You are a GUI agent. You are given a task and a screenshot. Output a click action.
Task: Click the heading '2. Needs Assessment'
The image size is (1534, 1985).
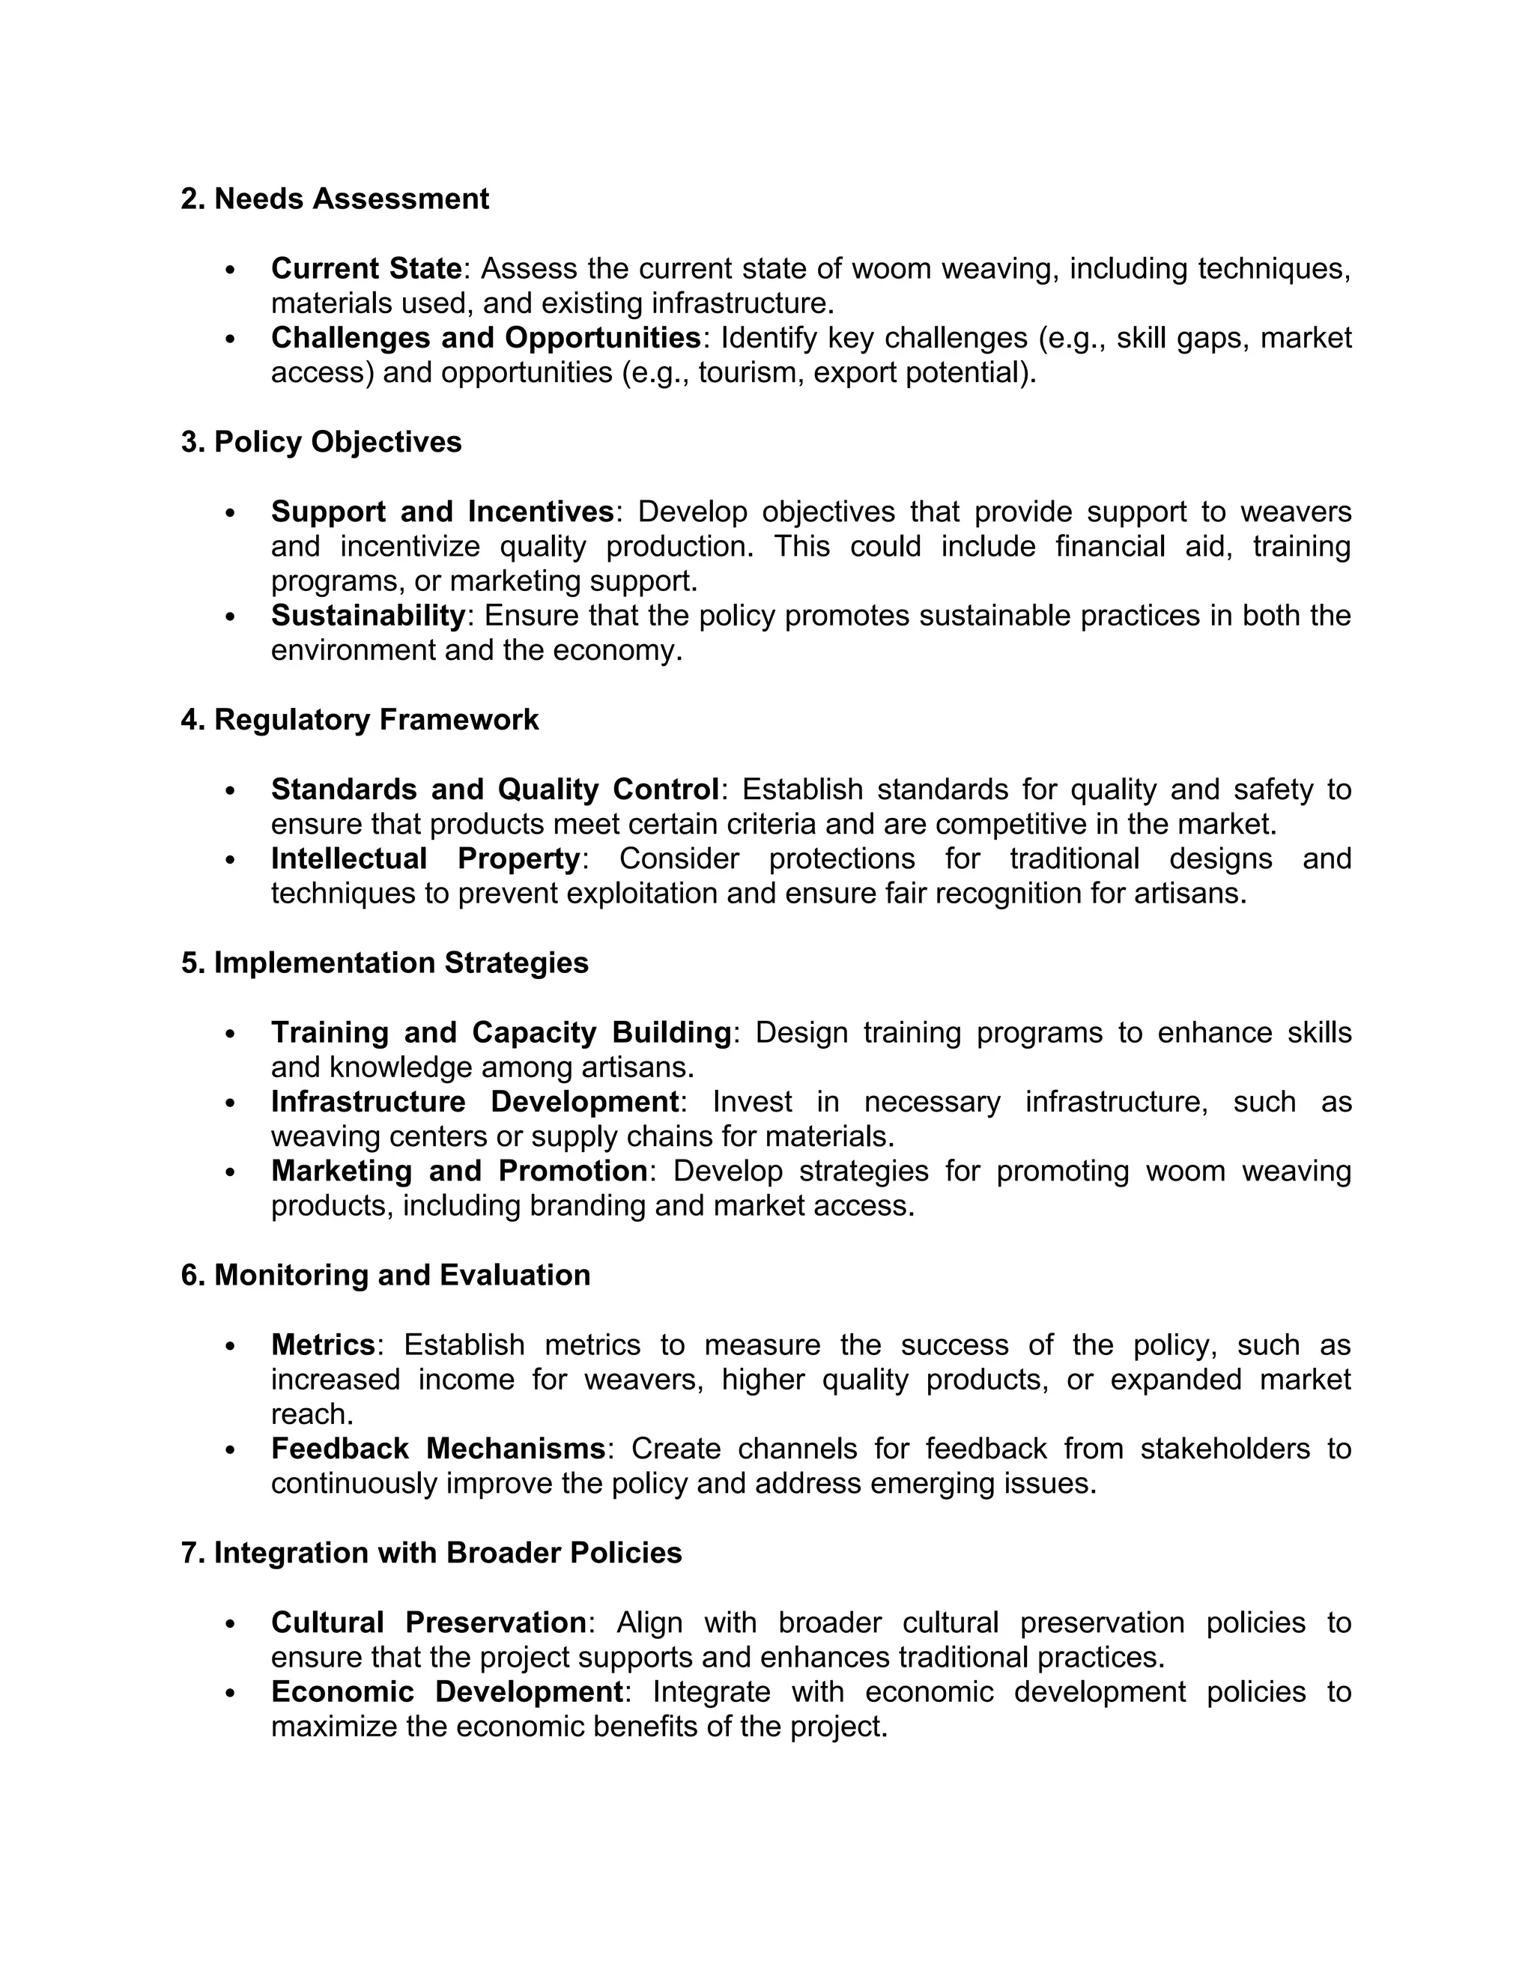(x=334, y=199)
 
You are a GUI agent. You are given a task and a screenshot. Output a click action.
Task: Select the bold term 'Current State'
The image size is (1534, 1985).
(x=366, y=269)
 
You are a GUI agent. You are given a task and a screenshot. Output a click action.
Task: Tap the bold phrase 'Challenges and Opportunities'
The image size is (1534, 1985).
(x=485, y=338)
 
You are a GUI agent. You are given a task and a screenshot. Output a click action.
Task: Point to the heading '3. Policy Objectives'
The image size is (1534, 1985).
(x=321, y=443)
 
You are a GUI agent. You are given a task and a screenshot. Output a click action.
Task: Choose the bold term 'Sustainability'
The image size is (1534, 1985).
(x=368, y=616)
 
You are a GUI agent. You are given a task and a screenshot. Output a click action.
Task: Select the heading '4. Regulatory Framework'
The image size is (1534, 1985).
(x=360, y=720)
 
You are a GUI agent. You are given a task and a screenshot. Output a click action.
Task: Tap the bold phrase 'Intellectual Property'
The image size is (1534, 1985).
(x=425, y=859)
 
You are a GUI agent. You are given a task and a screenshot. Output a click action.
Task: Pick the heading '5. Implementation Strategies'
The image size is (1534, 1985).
(x=384, y=963)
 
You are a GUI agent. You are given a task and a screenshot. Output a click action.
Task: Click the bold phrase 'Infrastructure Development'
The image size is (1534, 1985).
(x=474, y=1103)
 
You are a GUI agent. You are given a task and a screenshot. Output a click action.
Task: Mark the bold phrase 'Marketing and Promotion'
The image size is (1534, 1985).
(x=459, y=1172)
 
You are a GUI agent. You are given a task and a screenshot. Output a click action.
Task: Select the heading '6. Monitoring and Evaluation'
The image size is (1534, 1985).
(x=385, y=1276)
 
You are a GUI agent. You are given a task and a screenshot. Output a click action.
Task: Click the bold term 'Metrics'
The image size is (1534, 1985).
(x=323, y=1345)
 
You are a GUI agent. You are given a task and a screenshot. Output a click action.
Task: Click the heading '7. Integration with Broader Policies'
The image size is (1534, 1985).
(x=431, y=1554)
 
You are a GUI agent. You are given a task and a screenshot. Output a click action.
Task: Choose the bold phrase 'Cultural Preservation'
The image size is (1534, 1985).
(x=428, y=1623)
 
